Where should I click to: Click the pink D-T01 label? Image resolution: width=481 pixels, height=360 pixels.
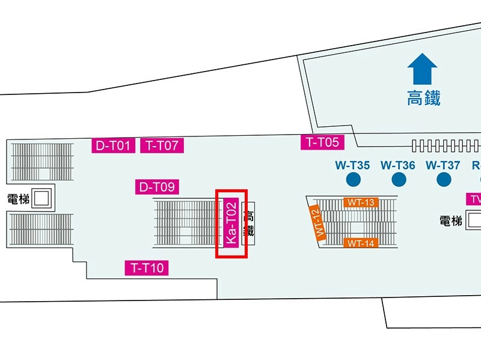pos(113,145)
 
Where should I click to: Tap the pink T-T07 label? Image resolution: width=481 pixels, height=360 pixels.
pos(162,145)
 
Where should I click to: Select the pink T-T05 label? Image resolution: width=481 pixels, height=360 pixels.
pos(323,142)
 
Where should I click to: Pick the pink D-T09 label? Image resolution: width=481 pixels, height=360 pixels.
pos(157,187)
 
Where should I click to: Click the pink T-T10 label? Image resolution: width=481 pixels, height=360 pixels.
pos(147,268)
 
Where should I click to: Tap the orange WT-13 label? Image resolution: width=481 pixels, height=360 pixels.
pos(361,203)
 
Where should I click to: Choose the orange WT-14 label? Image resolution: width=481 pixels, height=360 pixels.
pos(361,243)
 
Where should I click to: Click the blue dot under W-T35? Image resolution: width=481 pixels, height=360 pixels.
pos(353,179)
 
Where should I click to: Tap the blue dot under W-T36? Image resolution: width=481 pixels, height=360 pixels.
pos(399,179)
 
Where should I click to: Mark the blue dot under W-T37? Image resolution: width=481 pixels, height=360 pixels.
pos(444,179)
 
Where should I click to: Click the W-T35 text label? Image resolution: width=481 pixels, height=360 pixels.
pos(352,165)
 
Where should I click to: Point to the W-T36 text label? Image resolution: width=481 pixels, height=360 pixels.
pos(398,165)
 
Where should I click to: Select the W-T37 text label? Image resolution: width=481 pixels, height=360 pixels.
pos(443,165)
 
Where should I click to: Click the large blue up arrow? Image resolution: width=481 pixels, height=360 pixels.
pos(423,69)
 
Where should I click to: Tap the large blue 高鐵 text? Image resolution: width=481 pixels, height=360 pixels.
pos(424,97)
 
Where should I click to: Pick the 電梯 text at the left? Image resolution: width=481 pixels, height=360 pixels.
pos(18,199)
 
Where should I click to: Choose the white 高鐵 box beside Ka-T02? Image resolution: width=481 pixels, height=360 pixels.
pos(248,223)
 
